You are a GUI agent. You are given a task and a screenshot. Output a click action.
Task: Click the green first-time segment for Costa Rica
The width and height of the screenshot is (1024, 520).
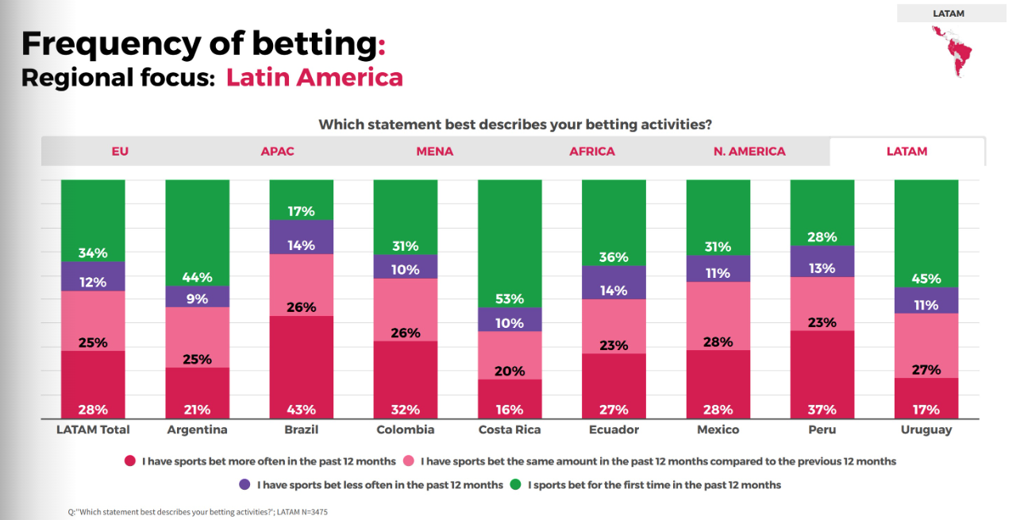pyautogui.click(x=510, y=243)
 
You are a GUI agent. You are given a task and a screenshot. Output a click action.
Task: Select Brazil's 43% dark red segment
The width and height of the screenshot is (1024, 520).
pyautogui.click(x=301, y=367)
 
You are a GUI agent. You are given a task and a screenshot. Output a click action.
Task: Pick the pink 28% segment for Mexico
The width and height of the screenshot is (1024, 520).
pyautogui.click(x=718, y=316)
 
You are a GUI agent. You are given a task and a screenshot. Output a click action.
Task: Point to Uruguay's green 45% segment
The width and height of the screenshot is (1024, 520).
pyautogui.click(x=926, y=233)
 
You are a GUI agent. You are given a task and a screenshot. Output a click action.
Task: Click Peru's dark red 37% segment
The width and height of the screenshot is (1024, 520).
pyautogui.click(x=822, y=374)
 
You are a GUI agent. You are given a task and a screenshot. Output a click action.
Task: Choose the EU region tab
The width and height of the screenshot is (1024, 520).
pyautogui.click(x=120, y=151)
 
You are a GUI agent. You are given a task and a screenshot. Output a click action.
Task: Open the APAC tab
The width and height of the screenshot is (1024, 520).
pyautogui.click(x=277, y=151)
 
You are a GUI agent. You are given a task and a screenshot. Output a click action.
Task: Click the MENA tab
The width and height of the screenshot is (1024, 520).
pyautogui.click(x=435, y=151)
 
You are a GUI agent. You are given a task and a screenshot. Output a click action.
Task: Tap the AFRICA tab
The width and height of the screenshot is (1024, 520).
pyautogui.click(x=592, y=151)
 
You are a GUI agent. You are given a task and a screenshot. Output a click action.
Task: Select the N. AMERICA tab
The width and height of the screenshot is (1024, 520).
pyautogui.click(x=749, y=151)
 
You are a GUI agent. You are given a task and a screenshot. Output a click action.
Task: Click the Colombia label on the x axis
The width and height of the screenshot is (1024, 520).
pyautogui.click(x=405, y=429)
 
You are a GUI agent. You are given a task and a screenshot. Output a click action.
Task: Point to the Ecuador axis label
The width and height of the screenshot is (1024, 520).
pyautogui.click(x=614, y=429)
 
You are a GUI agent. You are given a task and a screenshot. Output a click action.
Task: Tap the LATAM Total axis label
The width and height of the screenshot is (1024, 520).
pyautogui.click(x=93, y=429)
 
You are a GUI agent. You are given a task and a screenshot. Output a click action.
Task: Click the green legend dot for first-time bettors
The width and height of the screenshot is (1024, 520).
pyautogui.click(x=514, y=484)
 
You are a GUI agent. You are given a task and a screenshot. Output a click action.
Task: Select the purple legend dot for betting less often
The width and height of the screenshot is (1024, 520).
pyautogui.click(x=244, y=484)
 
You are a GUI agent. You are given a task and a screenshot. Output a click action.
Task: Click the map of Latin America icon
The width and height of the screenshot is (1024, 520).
pyautogui.click(x=953, y=51)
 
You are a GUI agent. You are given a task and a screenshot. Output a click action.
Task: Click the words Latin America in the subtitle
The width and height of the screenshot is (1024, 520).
pyautogui.click(x=314, y=78)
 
